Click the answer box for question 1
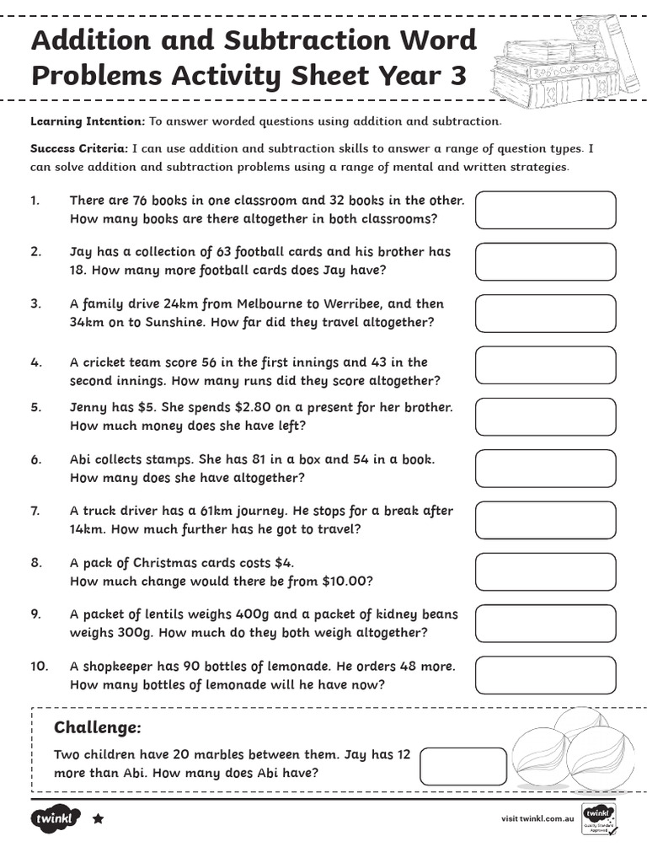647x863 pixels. click(545, 210)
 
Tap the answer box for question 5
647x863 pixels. click(545, 416)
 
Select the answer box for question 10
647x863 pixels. click(545, 675)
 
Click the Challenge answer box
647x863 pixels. click(463, 765)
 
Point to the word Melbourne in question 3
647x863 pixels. click(274, 303)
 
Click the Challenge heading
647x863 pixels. click(97, 727)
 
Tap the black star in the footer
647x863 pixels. click(98, 818)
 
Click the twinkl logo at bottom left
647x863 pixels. click(56, 818)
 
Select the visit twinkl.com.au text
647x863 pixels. click(537, 818)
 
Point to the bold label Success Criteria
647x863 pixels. click(79, 148)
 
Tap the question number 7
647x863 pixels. click(35, 511)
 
